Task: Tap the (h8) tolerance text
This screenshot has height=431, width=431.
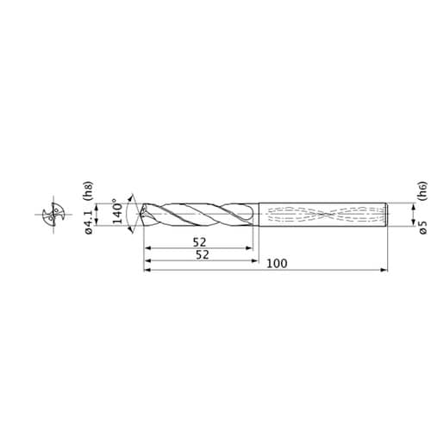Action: tap(88, 191)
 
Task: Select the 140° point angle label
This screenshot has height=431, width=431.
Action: tap(118, 211)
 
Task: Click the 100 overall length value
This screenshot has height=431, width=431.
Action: tap(277, 264)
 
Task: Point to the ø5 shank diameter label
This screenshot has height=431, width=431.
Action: tap(423, 228)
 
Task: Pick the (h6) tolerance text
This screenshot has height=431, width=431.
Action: tap(422, 191)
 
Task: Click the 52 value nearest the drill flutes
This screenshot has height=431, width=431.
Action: tap(199, 242)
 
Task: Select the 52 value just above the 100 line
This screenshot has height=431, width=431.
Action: tap(203, 255)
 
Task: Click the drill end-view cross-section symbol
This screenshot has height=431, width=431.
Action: tap(53, 214)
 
